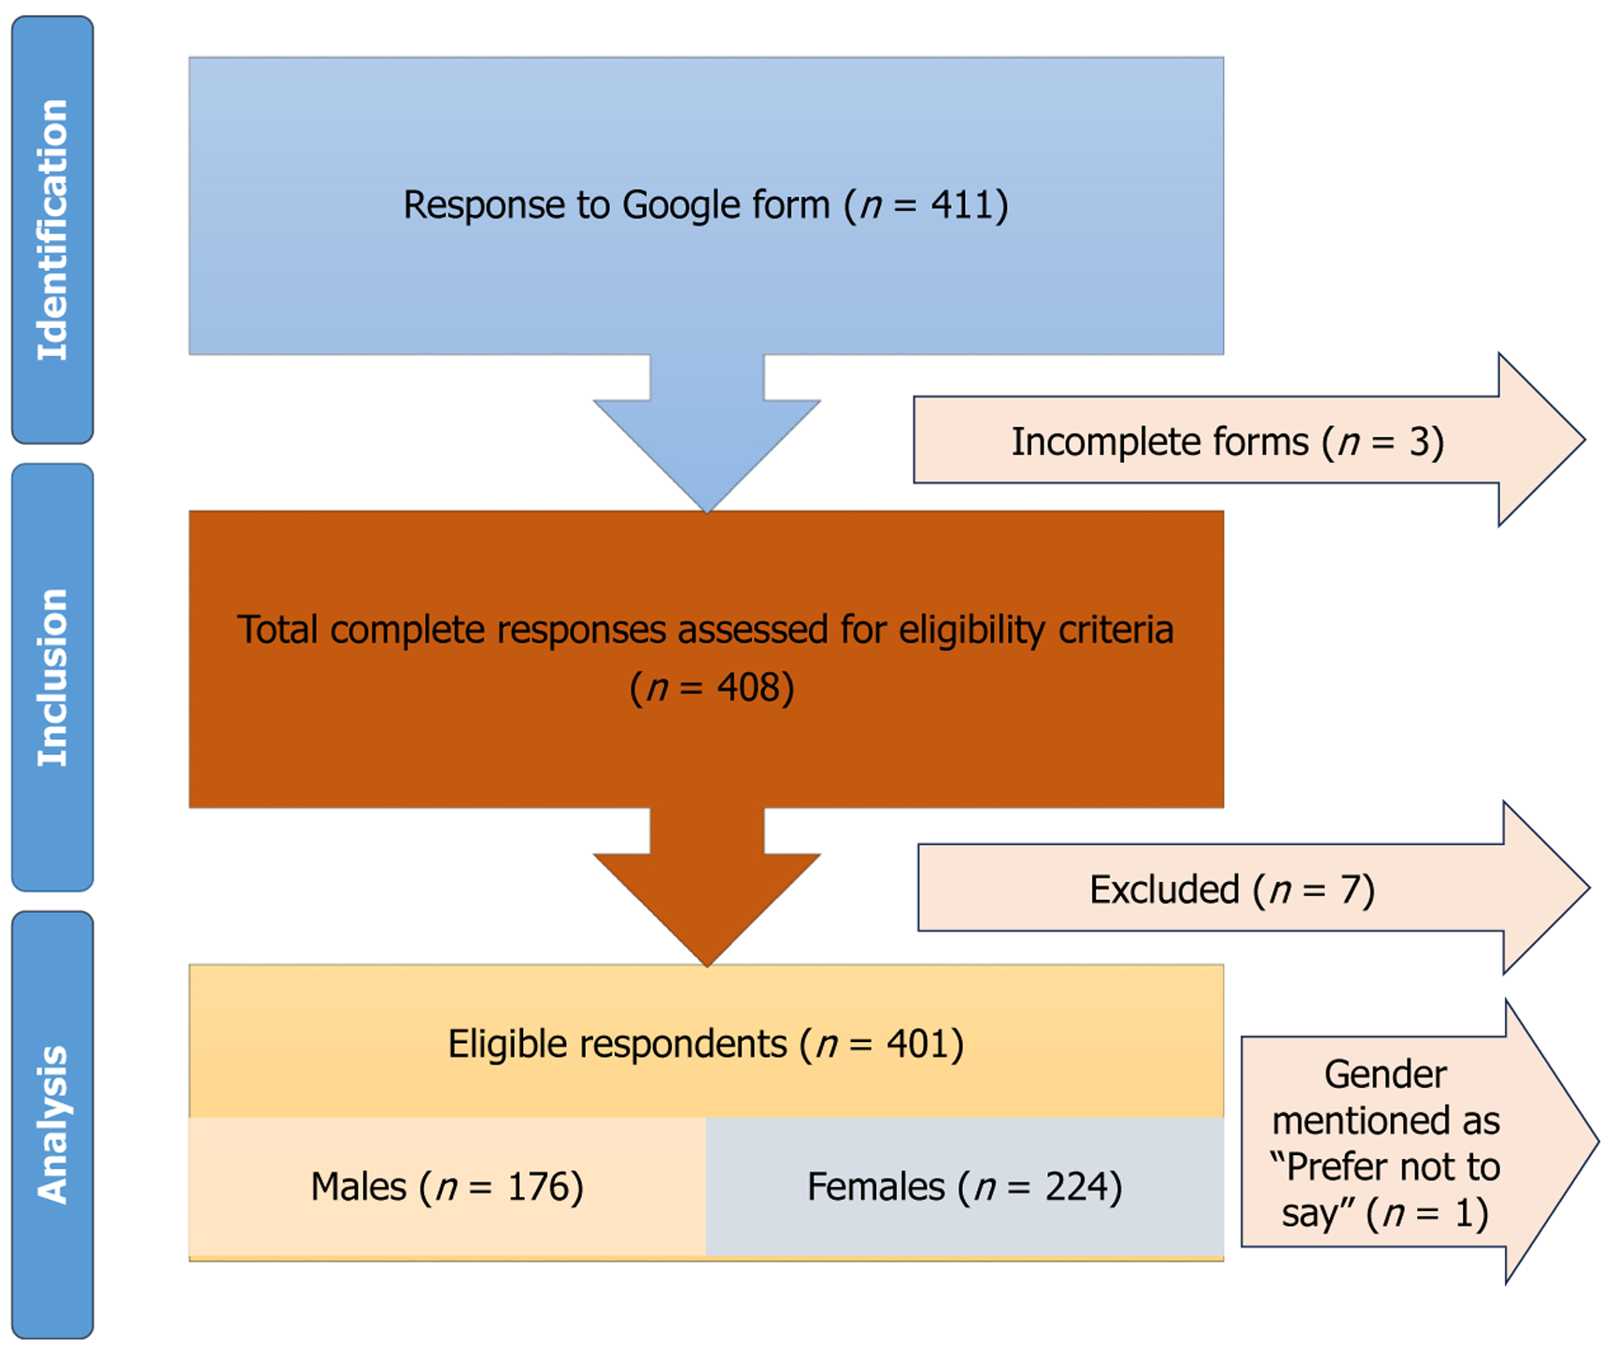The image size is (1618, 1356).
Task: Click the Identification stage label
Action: [x=52, y=230]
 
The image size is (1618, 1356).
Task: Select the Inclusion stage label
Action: [x=52, y=678]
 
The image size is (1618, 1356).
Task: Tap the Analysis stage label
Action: [x=52, y=1124]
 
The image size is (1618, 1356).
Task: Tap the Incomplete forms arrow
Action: [x=1249, y=440]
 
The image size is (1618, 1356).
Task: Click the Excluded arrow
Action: [x=1254, y=888]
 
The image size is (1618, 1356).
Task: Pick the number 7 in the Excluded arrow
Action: [x=1350, y=890]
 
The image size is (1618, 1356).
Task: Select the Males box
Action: [x=447, y=1187]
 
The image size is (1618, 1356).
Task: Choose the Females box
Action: [x=965, y=1187]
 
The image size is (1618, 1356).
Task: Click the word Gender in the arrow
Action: [x=1385, y=1075]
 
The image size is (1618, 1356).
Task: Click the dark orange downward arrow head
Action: [x=707, y=909]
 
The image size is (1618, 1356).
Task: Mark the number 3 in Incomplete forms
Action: [x=1419, y=442]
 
